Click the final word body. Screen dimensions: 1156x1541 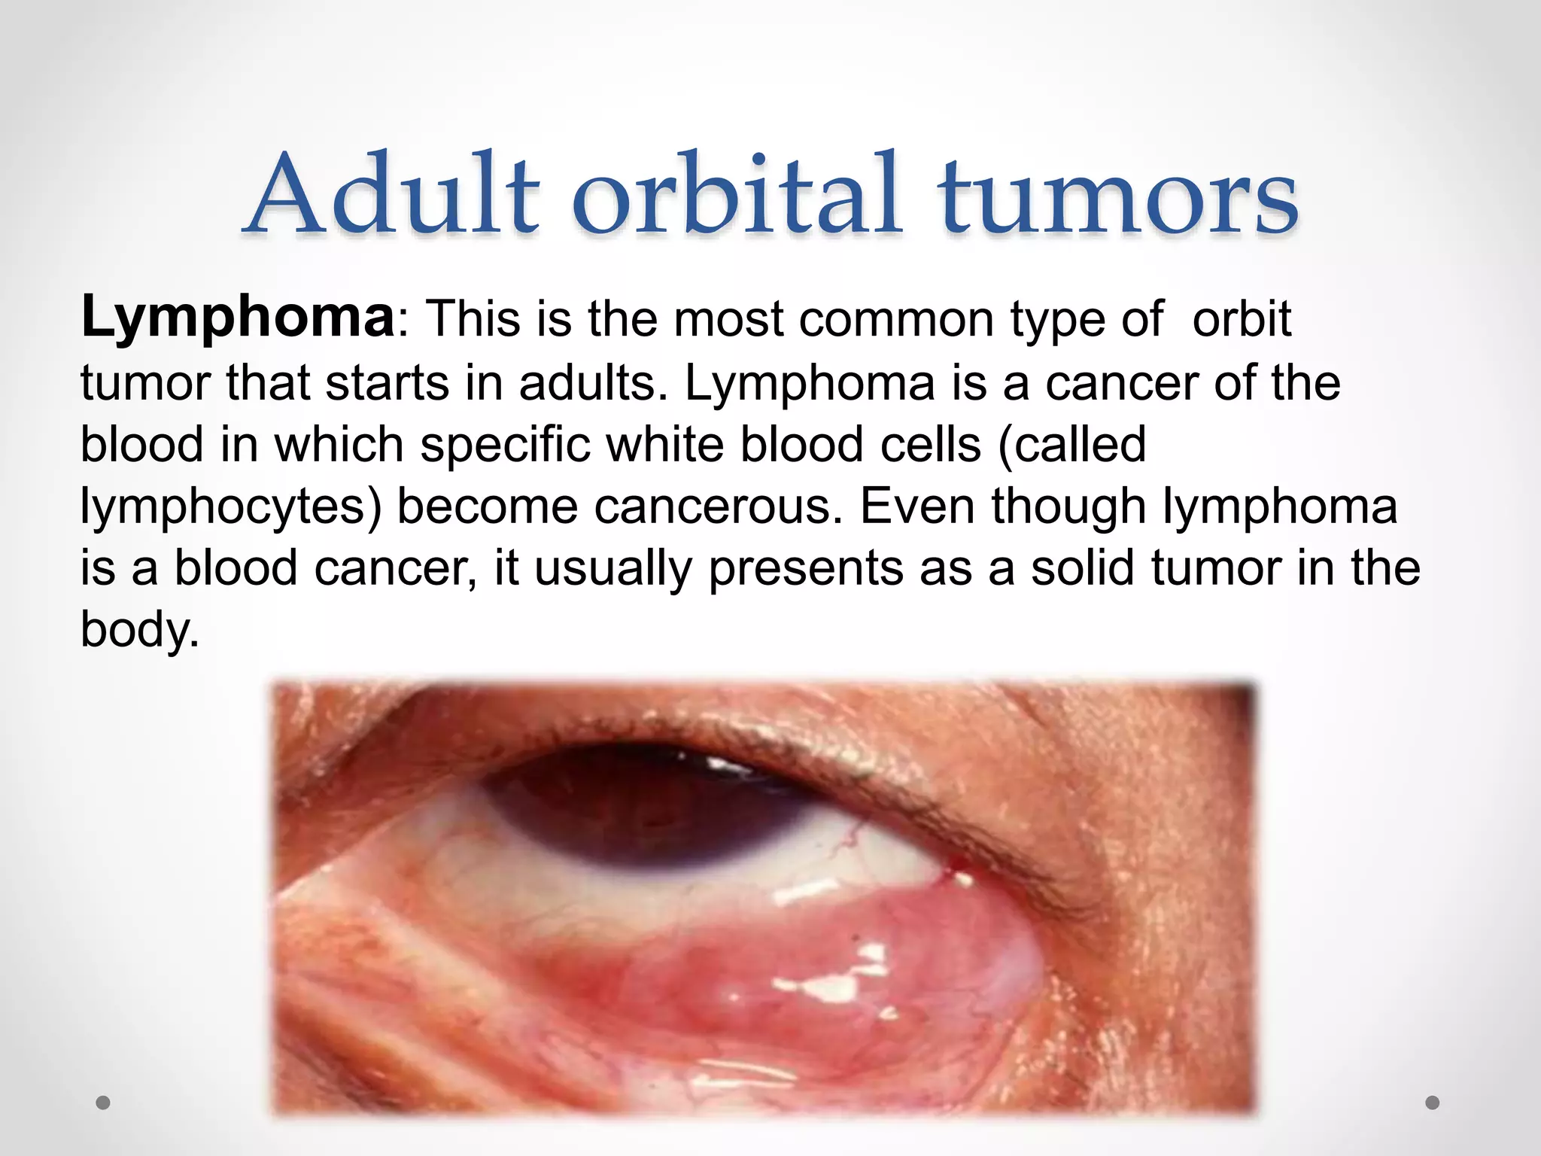[140, 631]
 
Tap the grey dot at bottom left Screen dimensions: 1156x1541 [104, 1103]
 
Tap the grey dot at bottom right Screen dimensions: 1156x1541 [1433, 1103]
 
